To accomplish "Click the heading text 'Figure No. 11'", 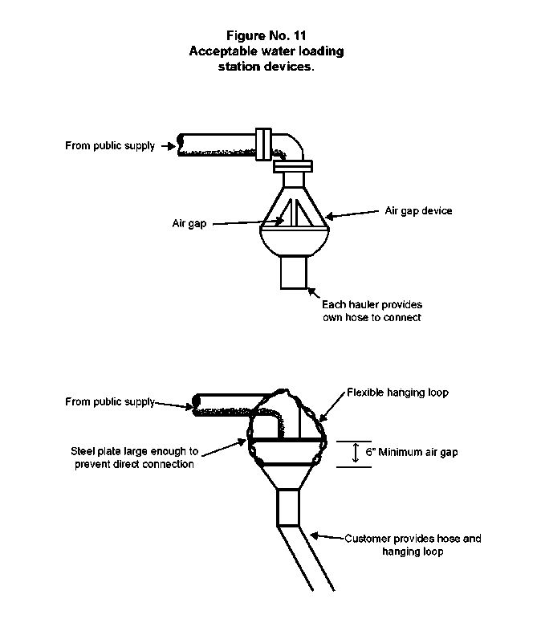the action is click(266, 35).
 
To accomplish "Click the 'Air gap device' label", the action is click(418, 211).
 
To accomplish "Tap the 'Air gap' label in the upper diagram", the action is click(189, 223).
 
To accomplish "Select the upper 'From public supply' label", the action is click(110, 146).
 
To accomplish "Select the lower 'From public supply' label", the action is click(110, 401).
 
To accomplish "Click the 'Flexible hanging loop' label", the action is click(397, 393).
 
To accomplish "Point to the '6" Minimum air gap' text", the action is click(412, 452).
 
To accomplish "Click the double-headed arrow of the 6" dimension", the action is click(356, 453).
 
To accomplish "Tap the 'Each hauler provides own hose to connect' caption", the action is click(372, 311).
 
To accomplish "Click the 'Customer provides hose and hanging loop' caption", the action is click(413, 545).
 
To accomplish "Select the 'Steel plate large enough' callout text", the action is click(134, 458).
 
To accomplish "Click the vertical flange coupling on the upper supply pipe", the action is click(263, 145).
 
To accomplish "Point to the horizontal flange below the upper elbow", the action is click(293, 166).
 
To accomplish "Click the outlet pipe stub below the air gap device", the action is click(294, 272).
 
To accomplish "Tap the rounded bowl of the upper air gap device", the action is click(295, 242).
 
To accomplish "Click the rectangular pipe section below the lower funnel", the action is click(288, 508).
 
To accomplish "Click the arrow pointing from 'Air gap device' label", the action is click(352, 214).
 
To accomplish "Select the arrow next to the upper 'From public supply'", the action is click(168, 146).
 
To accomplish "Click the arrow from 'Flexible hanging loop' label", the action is click(332, 407).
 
